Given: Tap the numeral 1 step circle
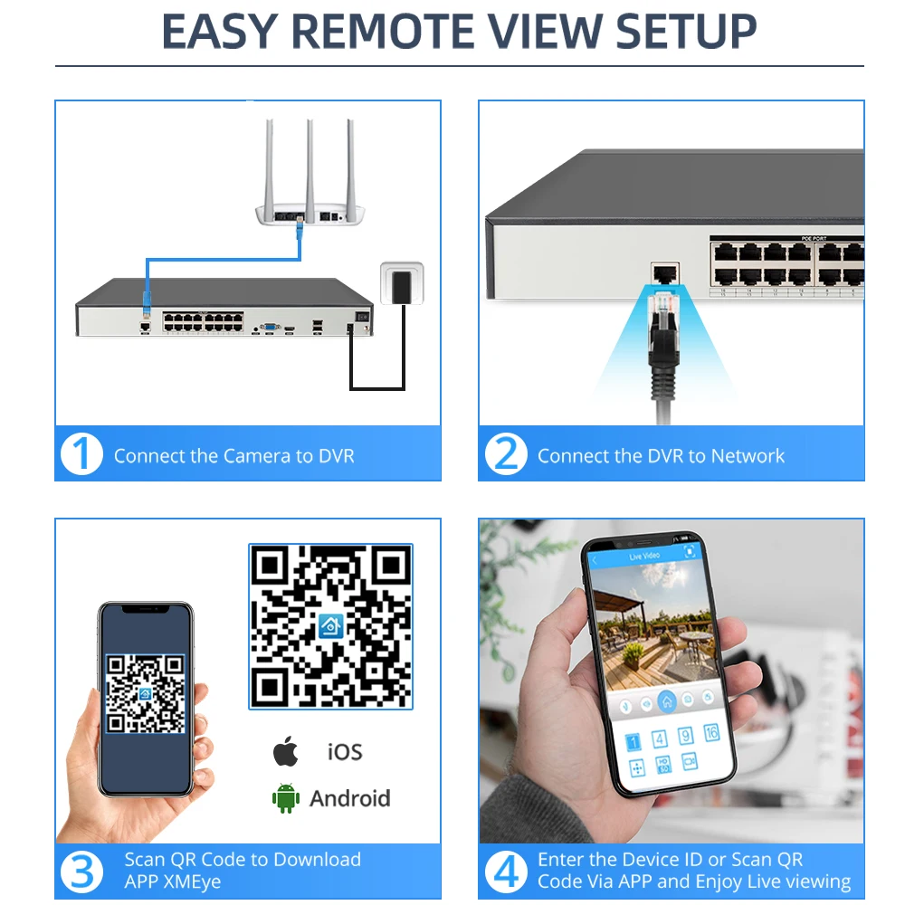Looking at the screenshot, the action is click(81, 454).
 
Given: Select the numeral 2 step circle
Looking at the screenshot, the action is click(506, 454).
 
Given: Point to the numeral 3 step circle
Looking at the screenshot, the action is click(81, 872).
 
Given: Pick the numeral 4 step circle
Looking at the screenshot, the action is click(506, 872).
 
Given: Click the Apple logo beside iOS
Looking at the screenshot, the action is click(286, 751).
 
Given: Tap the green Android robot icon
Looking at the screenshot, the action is click(286, 798).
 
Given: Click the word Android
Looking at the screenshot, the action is click(350, 799).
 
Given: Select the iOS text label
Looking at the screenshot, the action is click(345, 752).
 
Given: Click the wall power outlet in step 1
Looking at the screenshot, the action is click(402, 282).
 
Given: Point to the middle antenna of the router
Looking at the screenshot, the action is click(310, 167).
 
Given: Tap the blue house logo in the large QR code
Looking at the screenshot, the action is click(330, 626).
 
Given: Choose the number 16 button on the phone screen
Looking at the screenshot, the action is click(711, 732).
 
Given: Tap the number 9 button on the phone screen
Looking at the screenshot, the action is click(685, 735).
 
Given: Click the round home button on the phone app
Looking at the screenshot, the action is click(667, 702).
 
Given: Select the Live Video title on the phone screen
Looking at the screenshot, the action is click(644, 557).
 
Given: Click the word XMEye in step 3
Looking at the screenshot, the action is click(194, 881).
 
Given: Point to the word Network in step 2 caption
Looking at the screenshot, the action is click(748, 456).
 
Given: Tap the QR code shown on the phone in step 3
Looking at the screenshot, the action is click(146, 694).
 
